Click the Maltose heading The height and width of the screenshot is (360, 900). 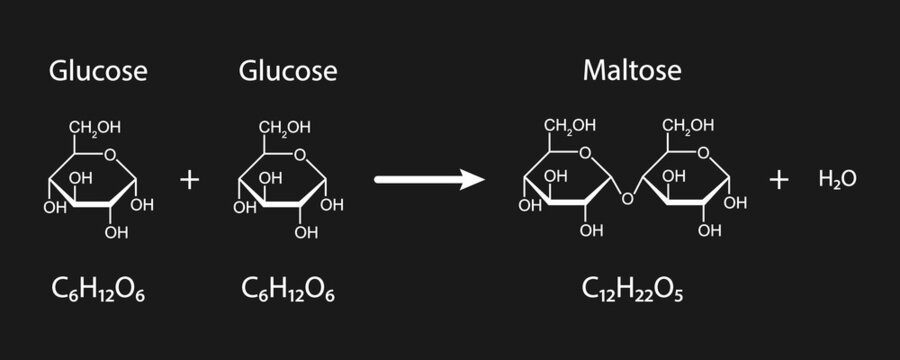point(632,72)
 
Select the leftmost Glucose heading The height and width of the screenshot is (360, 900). point(99,72)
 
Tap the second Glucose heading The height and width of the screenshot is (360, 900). point(288,72)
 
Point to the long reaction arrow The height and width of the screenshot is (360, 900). point(428,180)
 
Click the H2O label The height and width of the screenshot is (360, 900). point(837,180)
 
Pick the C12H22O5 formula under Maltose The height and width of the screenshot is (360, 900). point(633,289)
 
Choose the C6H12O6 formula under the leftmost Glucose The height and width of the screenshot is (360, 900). point(99,289)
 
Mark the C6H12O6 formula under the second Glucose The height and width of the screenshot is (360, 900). point(288,289)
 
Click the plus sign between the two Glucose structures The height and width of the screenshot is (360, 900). point(189,180)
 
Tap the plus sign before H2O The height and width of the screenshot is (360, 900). point(779,180)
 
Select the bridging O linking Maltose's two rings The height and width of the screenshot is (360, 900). point(627,197)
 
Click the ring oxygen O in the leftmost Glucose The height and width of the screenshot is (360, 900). point(111,153)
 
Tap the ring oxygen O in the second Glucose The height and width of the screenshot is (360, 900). point(302,153)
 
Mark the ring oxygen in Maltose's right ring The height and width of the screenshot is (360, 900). point(706,152)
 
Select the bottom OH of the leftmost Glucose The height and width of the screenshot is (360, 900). point(117,232)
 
